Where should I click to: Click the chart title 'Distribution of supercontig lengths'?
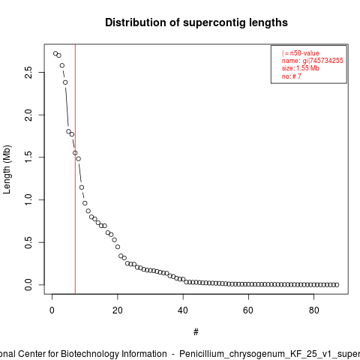196,22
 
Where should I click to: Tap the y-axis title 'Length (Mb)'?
7,169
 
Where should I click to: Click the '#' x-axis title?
196,332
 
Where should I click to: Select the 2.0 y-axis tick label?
28,115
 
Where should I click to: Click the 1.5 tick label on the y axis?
28,157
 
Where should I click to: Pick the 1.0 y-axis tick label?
28,199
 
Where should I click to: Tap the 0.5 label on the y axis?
28,242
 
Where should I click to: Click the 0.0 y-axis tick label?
28,285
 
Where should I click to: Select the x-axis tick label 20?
118,310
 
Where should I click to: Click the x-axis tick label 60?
248,310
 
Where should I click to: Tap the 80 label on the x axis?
314,310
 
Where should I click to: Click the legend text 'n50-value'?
304,53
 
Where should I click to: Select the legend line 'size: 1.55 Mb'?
301,68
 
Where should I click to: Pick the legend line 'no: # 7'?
292,76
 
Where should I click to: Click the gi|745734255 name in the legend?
323,61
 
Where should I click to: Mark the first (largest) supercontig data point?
55,53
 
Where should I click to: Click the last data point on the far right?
337,285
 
